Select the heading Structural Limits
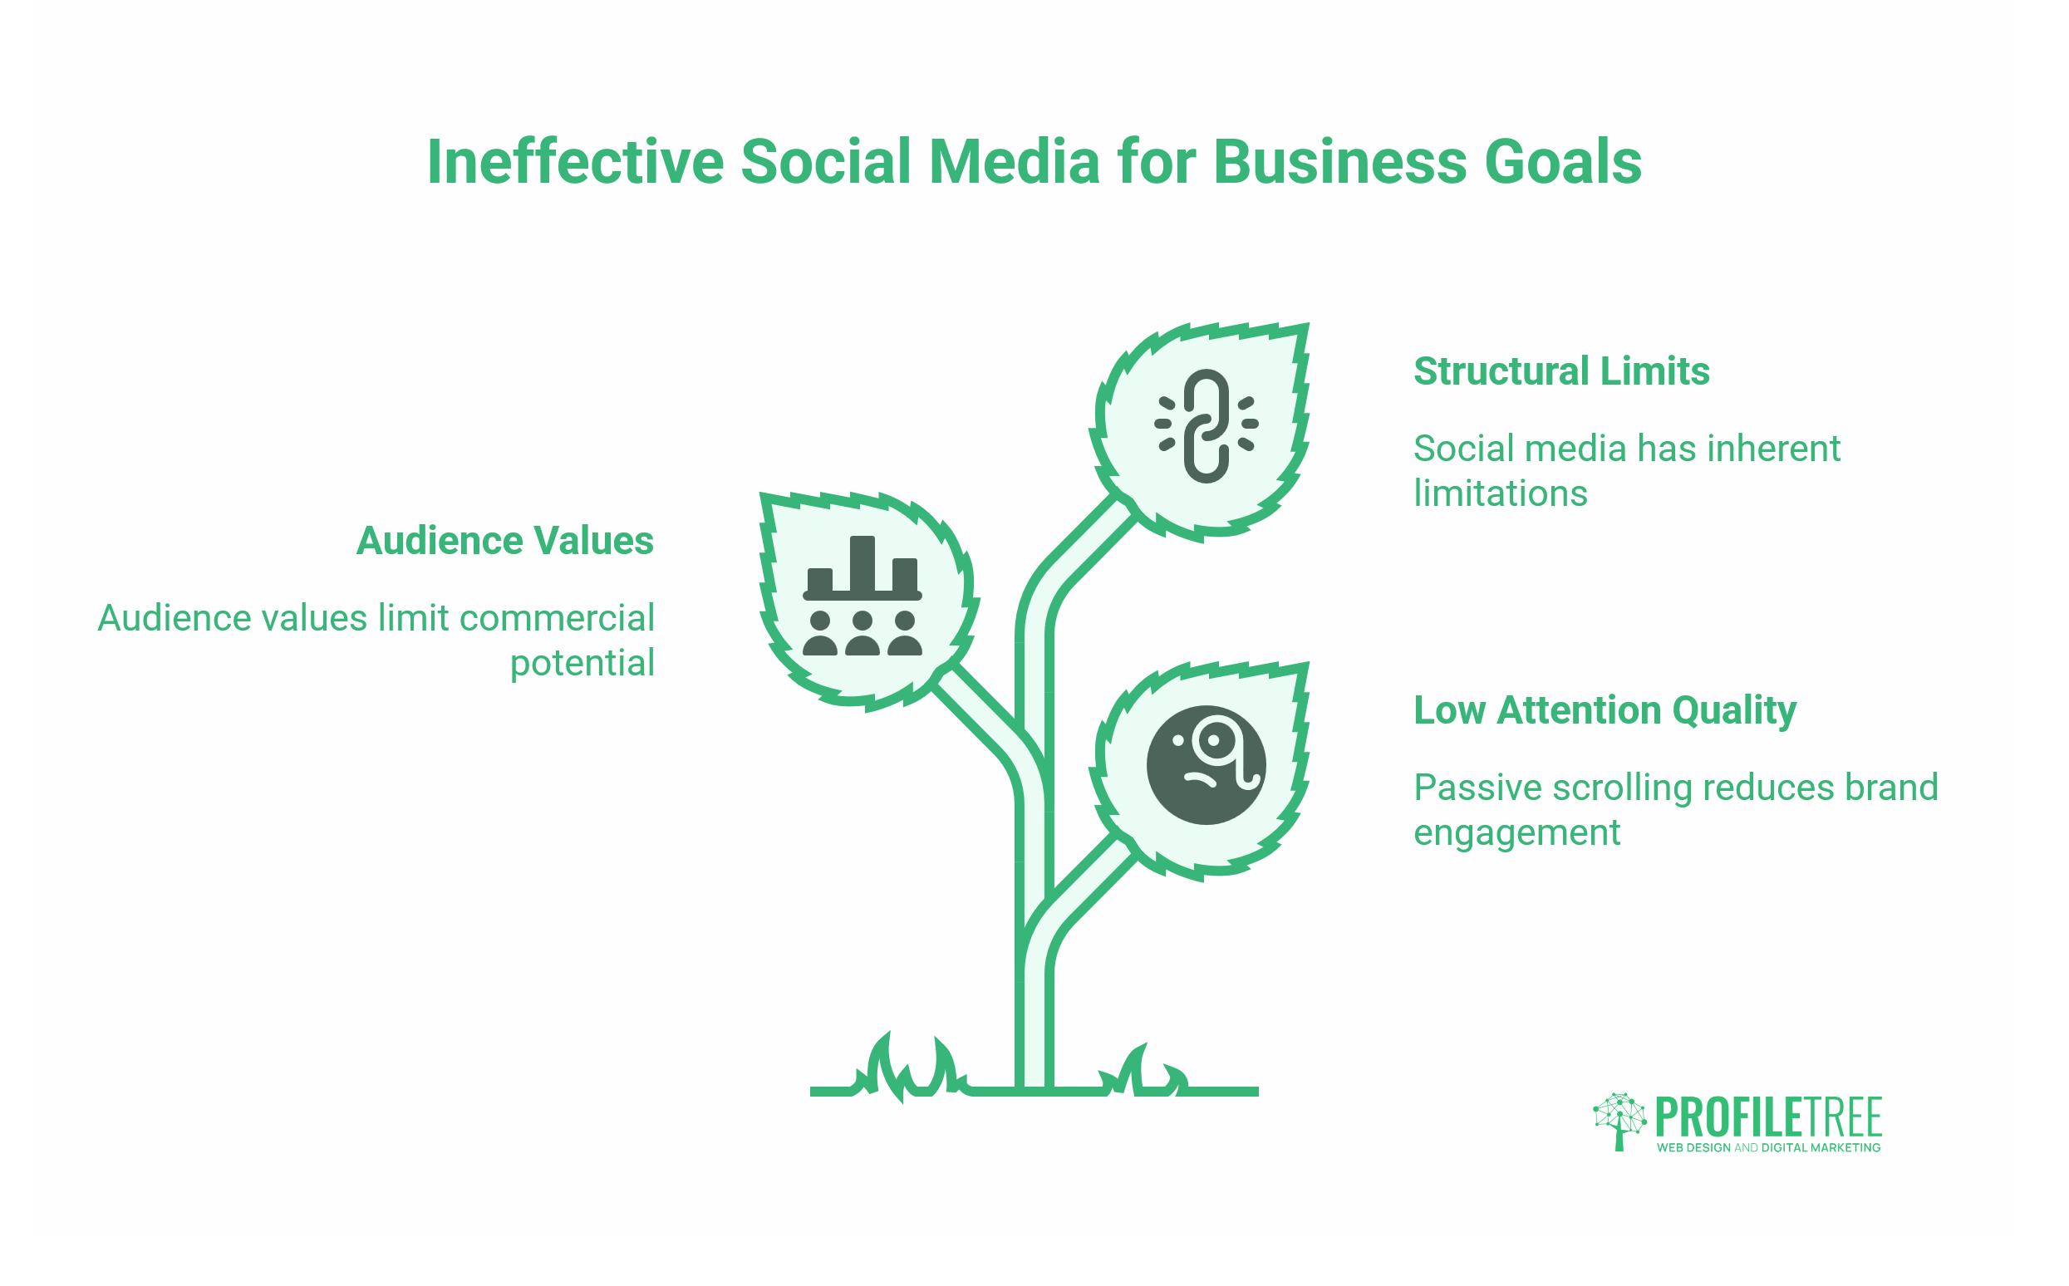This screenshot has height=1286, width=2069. tap(1561, 371)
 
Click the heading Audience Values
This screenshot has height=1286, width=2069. tap(505, 540)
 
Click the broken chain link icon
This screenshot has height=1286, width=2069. tap(1206, 425)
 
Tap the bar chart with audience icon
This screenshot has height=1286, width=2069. tap(862, 596)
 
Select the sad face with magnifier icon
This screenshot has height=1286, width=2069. tap(1206, 764)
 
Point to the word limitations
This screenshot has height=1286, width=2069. tap(1501, 493)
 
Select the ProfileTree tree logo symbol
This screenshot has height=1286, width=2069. tap(1619, 1122)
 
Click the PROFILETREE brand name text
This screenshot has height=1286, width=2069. tap(1769, 1117)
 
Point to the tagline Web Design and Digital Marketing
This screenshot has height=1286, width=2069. tap(1769, 1147)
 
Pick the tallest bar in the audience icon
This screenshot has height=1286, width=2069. tap(862, 563)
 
